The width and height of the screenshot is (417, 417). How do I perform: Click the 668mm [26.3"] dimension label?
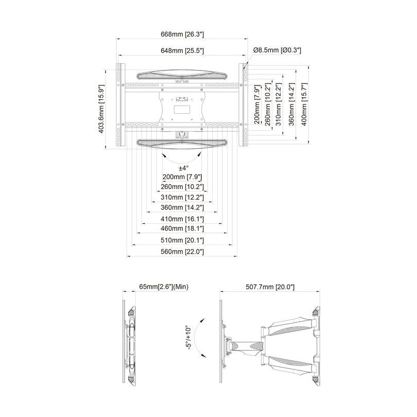[182, 34]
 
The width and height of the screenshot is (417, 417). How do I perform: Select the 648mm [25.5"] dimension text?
[182, 50]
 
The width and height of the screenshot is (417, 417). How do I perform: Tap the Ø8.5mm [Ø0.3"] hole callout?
[276, 50]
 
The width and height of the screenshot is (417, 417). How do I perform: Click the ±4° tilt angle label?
[184, 168]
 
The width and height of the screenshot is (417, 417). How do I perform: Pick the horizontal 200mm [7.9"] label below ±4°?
[182, 177]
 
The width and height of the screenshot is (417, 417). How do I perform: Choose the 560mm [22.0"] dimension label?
[182, 252]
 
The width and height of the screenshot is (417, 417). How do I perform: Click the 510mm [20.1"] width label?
[182, 240]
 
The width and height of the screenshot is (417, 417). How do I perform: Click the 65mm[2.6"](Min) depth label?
[163, 286]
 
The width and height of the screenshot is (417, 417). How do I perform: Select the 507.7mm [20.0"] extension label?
[270, 286]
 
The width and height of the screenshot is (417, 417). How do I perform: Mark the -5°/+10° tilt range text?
[189, 338]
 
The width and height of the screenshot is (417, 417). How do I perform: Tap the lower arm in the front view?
[182, 143]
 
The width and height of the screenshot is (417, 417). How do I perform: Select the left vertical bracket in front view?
[121, 106]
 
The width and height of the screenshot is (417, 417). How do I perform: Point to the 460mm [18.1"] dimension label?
[182, 228]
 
